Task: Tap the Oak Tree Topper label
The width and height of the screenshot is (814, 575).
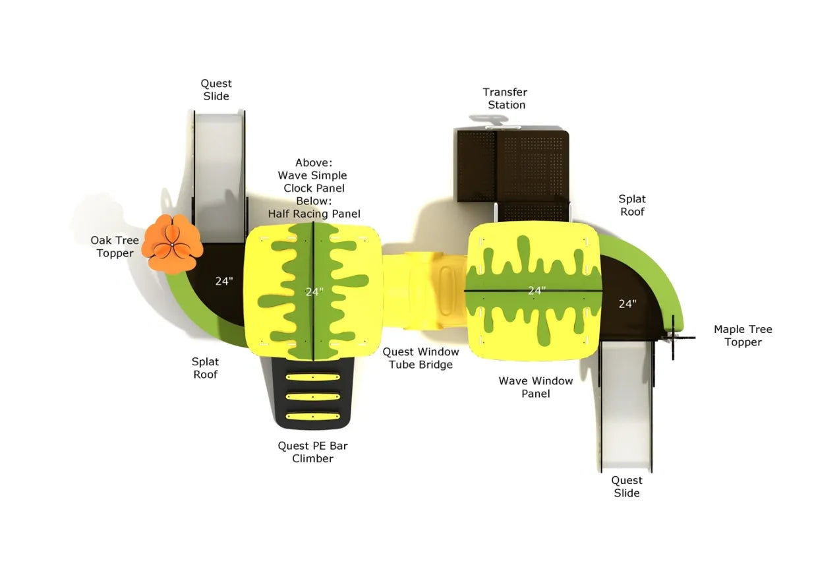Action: (115, 247)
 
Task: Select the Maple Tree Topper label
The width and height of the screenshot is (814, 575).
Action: (743, 336)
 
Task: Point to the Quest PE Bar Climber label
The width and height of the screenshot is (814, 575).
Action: (312, 452)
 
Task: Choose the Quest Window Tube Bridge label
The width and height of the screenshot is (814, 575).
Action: (421, 358)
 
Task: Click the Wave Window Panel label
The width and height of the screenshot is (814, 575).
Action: (535, 387)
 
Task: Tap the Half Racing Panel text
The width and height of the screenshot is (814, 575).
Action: (314, 214)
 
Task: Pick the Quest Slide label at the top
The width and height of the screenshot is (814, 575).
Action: (216, 90)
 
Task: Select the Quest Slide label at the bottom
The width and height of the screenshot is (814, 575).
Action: (626, 487)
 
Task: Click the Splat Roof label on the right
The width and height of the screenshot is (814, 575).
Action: (631, 205)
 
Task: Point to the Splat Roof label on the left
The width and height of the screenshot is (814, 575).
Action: (205, 368)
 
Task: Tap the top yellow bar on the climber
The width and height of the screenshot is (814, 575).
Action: (312, 377)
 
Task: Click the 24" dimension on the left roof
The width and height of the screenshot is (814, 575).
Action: (314, 291)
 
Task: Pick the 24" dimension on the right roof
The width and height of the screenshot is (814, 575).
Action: (537, 290)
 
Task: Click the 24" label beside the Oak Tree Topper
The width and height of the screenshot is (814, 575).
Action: (224, 281)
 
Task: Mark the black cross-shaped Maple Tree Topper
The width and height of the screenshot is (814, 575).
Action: (674, 338)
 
